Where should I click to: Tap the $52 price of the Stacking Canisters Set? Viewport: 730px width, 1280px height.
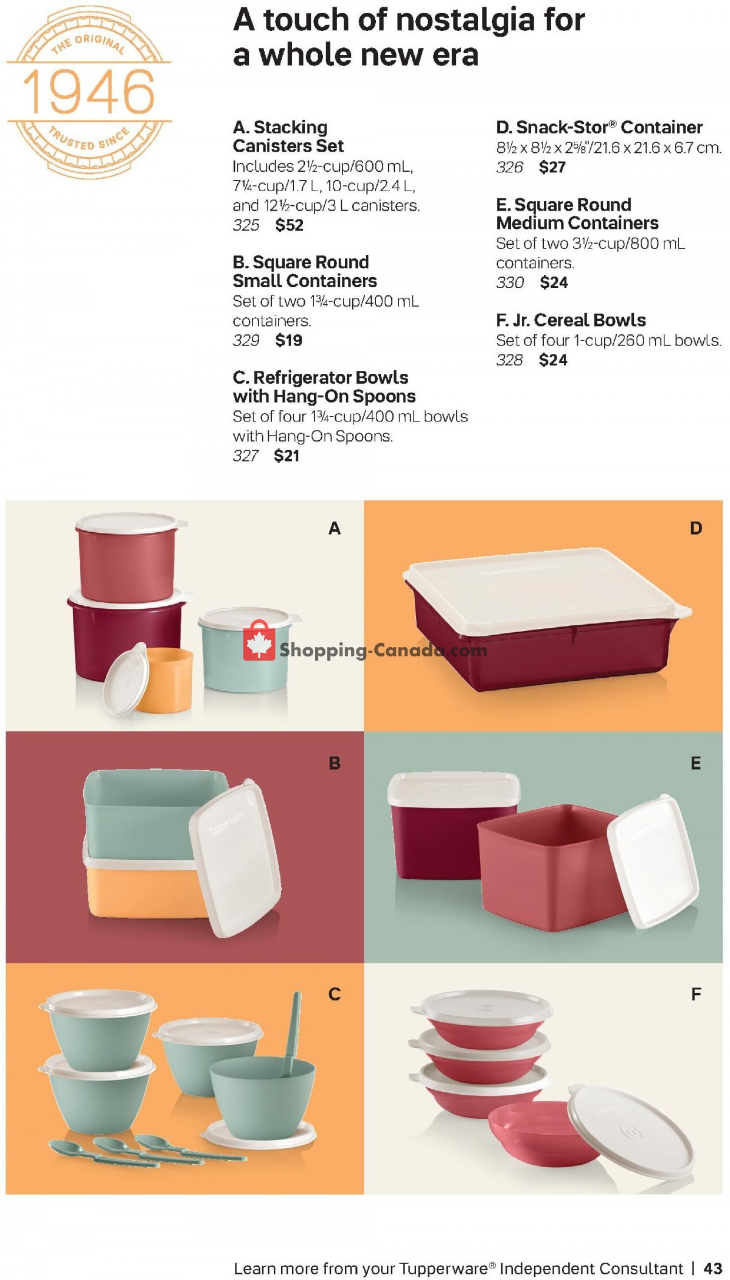coord(289,225)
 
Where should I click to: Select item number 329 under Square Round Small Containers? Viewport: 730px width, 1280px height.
coord(246,340)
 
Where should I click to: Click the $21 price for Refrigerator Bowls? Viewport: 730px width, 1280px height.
coord(287,455)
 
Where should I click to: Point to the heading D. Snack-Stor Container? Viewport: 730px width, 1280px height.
coord(599,127)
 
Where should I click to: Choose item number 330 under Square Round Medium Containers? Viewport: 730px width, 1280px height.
coord(510,283)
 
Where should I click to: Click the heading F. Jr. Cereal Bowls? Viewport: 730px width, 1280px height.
coord(571,320)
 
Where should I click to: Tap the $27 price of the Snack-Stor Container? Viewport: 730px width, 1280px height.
coord(552,167)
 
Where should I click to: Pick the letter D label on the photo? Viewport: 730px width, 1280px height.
coord(696,528)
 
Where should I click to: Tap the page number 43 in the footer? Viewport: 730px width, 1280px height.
coord(712,1268)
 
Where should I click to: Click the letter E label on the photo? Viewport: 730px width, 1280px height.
coord(696,763)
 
